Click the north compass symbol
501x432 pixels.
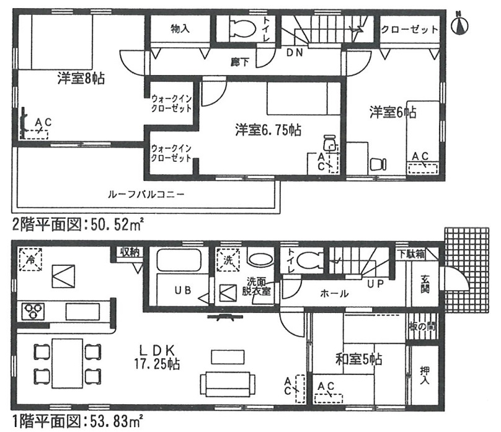[x=459, y=25]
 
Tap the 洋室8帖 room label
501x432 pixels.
[x=81, y=78]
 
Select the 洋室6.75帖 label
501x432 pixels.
[x=268, y=130]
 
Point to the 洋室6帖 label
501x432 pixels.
[x=393, y=112]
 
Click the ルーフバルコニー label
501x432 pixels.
[x=146, y=194]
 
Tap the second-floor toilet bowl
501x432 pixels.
[x=243, y=29]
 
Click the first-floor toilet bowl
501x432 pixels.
[x=309, y=260]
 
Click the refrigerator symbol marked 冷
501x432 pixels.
[x=30, y=259]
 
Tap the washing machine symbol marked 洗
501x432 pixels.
[x=228, y=260]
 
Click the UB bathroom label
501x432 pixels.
[x=183, y=290]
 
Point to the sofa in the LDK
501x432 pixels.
[x=228, y=384]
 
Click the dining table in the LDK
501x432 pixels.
[x=68, y=363]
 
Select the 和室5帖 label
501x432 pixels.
[x=359, y=359]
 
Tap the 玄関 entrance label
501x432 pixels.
[x=425, y=283]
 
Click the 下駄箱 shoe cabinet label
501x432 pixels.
[x=412, y=254]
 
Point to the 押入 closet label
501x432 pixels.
[x=425, y=375]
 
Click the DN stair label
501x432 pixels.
[x=295, y=53]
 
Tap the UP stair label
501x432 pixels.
[x=375, y=283]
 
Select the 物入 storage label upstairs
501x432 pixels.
[x=180, y=29]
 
